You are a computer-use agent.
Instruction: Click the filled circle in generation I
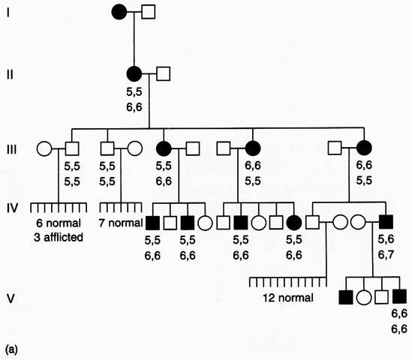[119, 12]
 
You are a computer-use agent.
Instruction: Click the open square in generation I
[148, 12]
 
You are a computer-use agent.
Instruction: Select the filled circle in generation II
[134, 73]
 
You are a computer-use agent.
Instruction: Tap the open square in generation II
[163, 73]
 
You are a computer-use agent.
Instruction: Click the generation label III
[11, 150]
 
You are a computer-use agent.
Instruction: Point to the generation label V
[11, 298]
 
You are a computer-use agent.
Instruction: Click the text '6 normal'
[59, 223]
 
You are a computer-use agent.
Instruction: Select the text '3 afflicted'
[59, 237]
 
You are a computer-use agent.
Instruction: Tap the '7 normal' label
[121, 223]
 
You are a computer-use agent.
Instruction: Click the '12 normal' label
[288, 298]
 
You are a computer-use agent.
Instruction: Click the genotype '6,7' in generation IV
[386, 254]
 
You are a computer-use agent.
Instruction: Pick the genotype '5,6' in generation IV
[386, 239]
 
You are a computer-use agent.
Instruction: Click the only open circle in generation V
[364, 298]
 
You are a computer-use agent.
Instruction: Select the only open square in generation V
[381, 298]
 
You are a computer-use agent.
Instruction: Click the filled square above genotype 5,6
[386, 222]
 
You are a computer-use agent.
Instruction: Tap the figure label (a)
[11, 349]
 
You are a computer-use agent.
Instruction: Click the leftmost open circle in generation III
[44, 148]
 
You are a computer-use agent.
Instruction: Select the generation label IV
[12, 208]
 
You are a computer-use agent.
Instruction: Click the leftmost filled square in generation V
[346, 298]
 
